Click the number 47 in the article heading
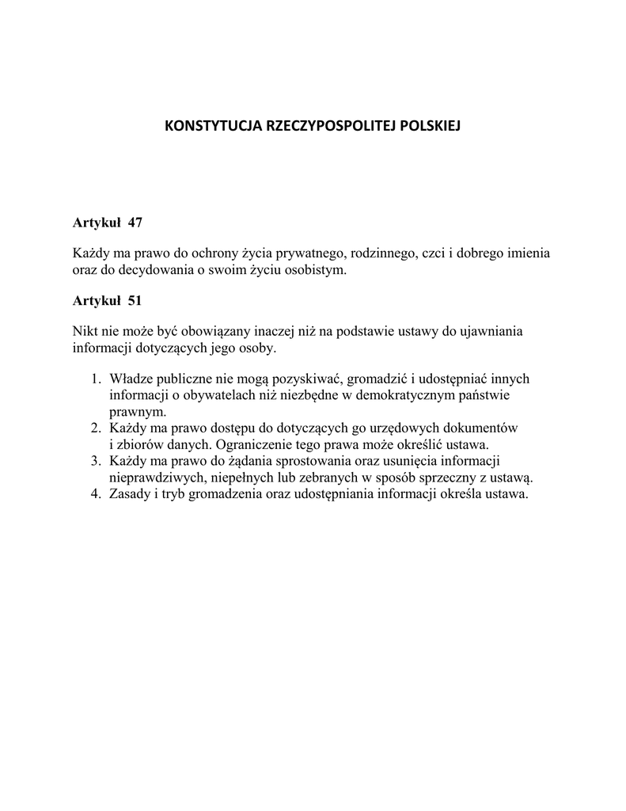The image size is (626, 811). pos(135,223)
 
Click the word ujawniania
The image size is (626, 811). pos(495,331)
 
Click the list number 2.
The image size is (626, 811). pos(95,428)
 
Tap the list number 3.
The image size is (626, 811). pos(95,461)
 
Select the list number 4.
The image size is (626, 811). pos(95,494)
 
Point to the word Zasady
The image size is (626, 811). pos(131,494)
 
